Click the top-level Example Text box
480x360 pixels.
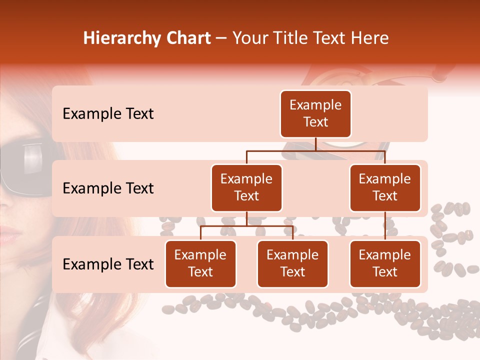click(x=315, y=113)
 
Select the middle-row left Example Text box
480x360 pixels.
click(x=246, y=187)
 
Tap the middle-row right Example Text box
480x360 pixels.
click(x=385, y=187)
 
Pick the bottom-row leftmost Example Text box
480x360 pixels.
click(x=200, y=263)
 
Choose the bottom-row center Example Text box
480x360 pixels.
click(x=292, y=263)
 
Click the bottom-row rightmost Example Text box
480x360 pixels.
click(x=385, y=263)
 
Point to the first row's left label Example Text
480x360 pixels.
click(x=108, y=114)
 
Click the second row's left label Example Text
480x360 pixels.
click(x=108, y=188)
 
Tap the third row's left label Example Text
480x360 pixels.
click(x=108, y=264)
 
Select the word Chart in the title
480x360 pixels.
click(x=189, y=38)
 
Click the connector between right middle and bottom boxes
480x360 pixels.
click(x=385, y=226)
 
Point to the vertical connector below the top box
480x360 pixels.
click(x=315, y=144)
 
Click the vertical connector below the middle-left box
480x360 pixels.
click(x=246, y=218)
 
